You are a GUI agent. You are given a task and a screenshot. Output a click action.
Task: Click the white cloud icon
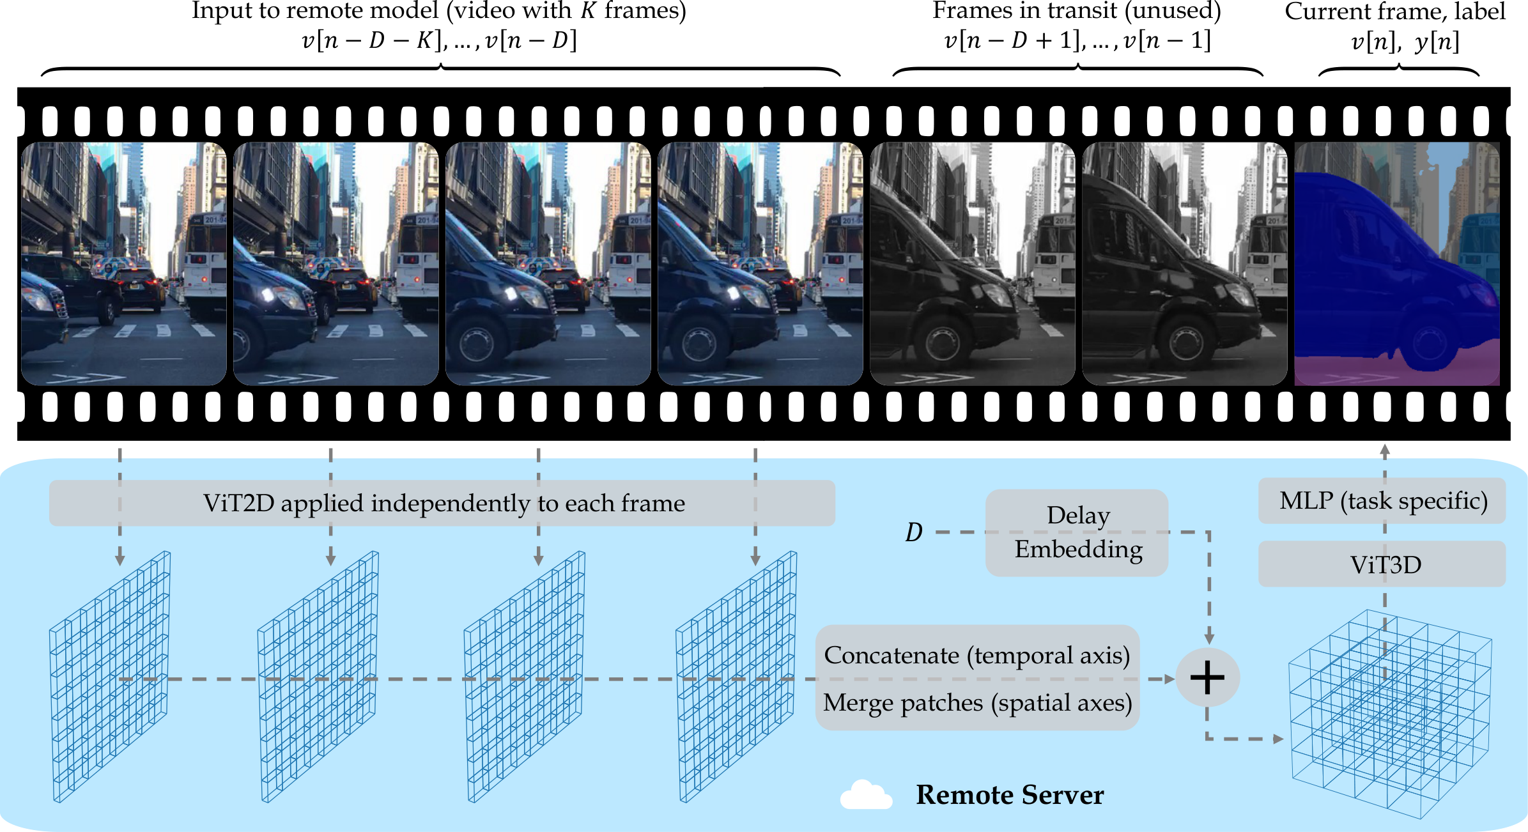[866, 795]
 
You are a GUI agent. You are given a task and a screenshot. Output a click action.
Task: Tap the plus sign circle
[1207, 677]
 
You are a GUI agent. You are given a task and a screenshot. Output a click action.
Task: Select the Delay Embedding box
[1077, 532]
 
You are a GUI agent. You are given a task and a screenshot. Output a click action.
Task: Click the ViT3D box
[1382, 564]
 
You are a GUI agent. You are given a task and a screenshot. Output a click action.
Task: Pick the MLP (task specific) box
[1382, 501]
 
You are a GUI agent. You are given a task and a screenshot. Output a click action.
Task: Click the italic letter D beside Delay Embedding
[914, 532]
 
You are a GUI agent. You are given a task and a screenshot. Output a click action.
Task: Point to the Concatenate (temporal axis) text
[977, 656]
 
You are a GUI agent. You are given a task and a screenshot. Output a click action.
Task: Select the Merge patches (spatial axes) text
[977, 703]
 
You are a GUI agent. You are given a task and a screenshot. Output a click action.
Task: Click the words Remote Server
[1010, 795]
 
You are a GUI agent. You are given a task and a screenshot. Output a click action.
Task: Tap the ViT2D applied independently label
[444, 504]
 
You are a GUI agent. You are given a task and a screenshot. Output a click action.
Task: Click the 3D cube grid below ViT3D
[1390, 714]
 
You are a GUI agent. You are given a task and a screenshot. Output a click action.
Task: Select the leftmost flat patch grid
[110, 677]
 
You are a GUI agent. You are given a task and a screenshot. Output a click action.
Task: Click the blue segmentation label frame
[1397, 264]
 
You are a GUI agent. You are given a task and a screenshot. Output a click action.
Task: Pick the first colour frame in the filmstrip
[124, 264]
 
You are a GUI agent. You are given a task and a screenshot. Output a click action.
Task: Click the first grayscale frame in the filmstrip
[973, 264]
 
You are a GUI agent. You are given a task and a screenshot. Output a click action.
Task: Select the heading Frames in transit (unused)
[1077, 11]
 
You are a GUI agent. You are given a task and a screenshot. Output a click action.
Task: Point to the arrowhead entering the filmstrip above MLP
[1385, 449]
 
